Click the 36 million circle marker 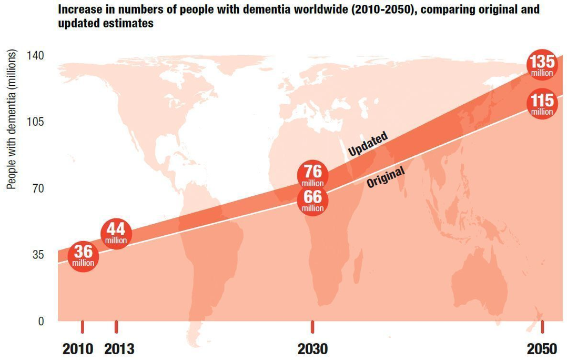(83, 256)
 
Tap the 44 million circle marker (116, 234)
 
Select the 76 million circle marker (313, 175)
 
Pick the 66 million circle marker (313, 200)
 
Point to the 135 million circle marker (542, 65)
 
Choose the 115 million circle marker (542, 104)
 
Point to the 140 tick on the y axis (35, 56)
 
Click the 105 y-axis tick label (35, 122)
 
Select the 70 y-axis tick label (38, 188)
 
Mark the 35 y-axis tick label (38, 255)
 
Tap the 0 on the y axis (41, 321)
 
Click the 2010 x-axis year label (78, 349)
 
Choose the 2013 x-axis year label (119, 349)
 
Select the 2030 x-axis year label (313, 349)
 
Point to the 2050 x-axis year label (542, 349)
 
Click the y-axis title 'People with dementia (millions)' (12, 119)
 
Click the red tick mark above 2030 (312, 327)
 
